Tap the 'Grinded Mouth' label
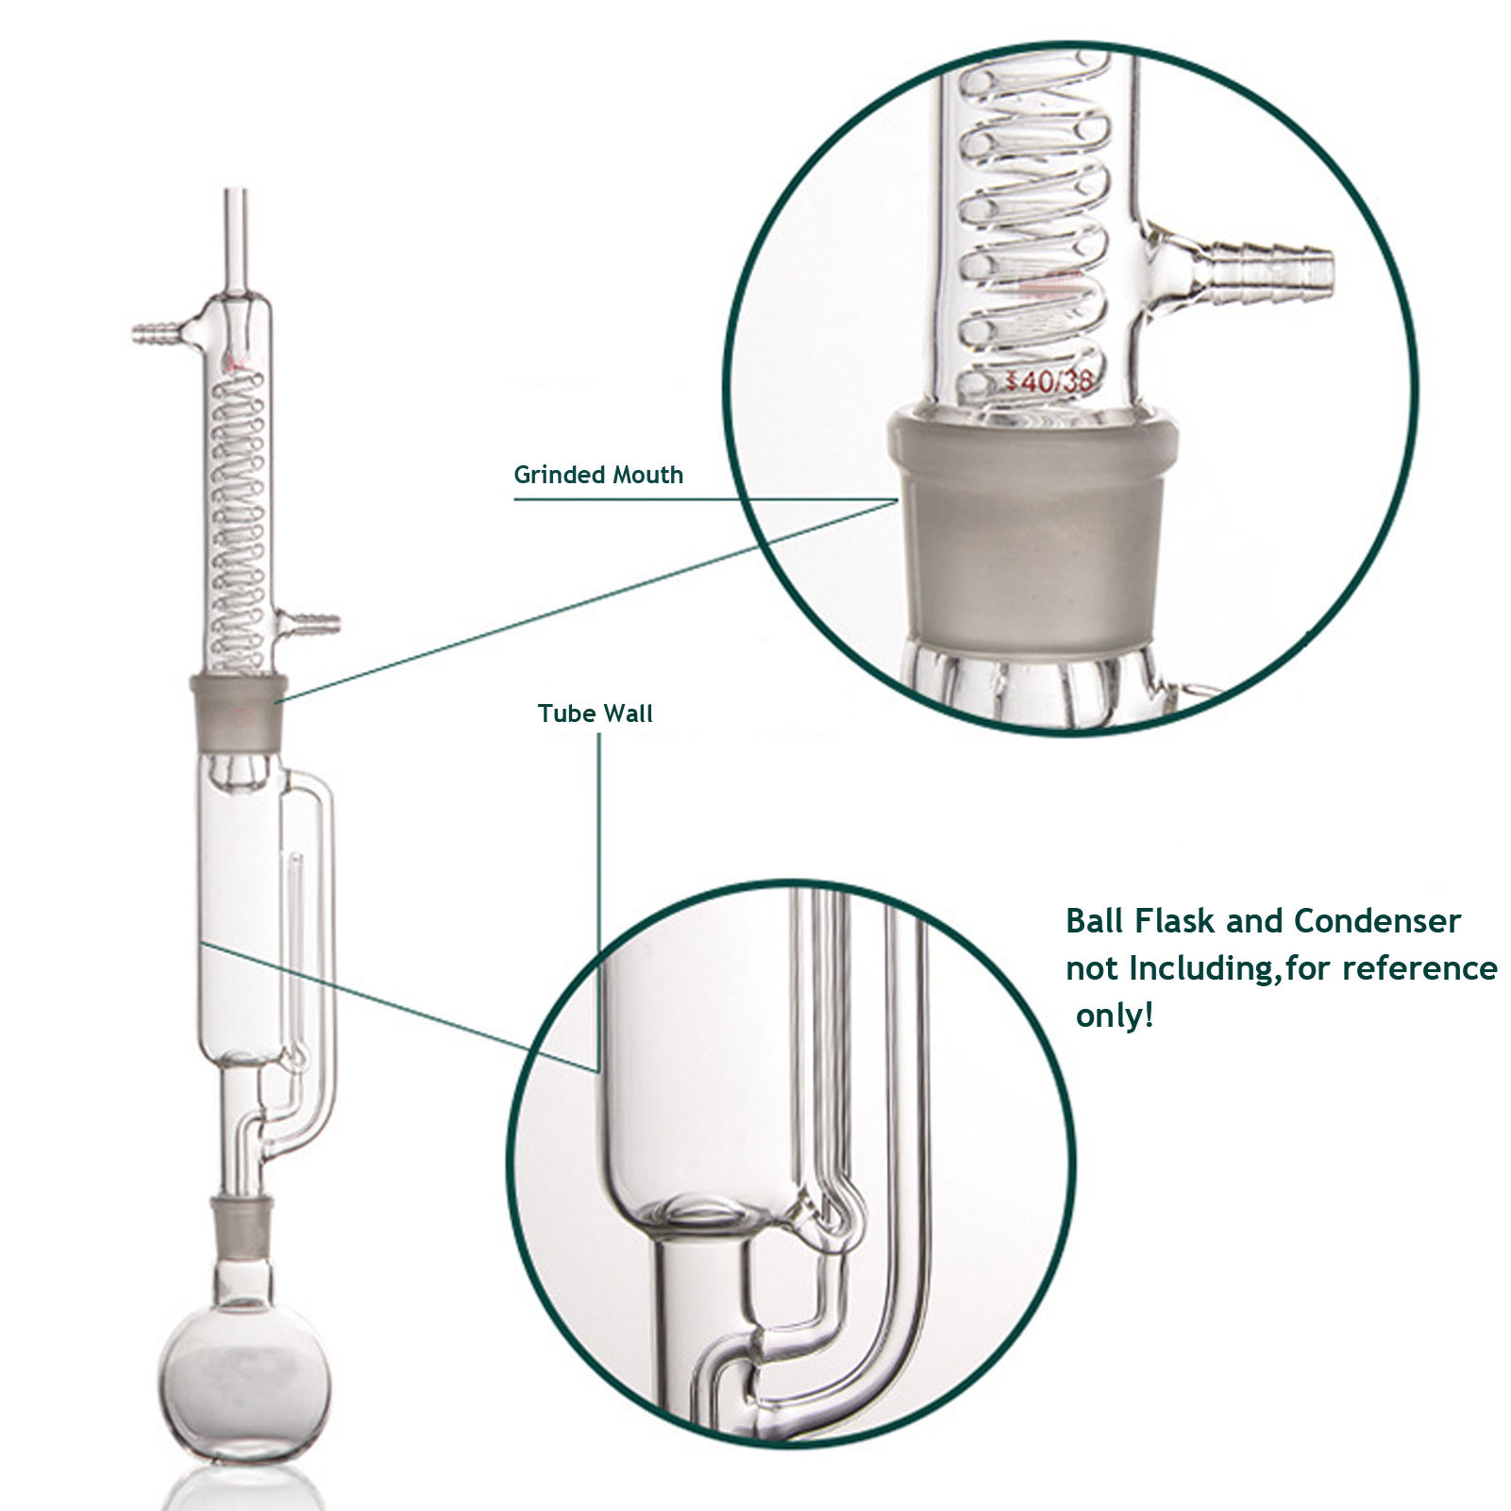click(x=598, y=475)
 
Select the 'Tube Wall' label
click(x=595, y=714)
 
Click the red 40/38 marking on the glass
click(x=1049, y=382)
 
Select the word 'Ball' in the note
click(x=1094, y=920)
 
